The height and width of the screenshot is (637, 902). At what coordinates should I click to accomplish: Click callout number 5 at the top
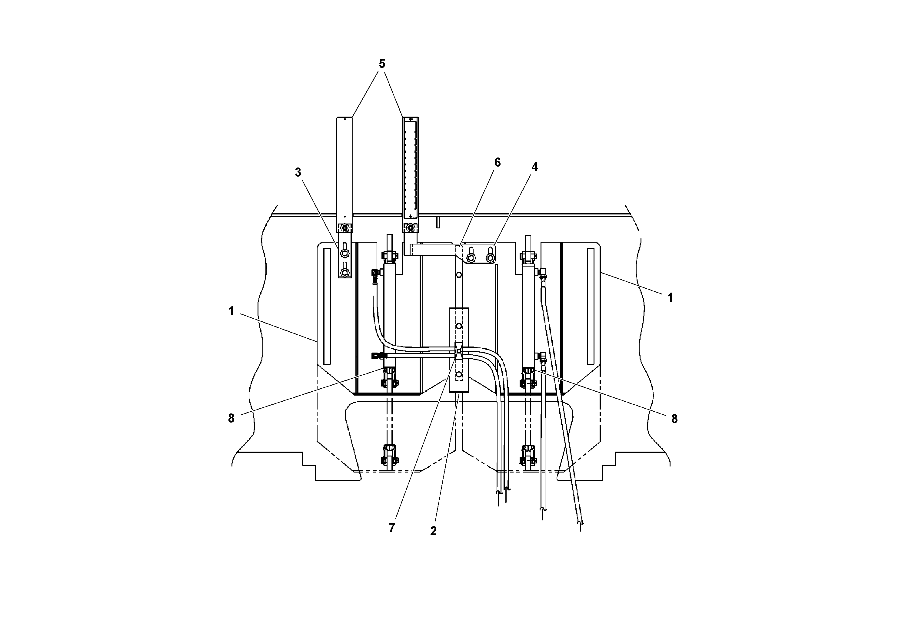[x=382, y=64]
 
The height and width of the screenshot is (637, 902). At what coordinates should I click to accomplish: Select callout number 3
[x=298, y=172]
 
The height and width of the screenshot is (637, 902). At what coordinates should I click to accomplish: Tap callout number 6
[x=497, y=163]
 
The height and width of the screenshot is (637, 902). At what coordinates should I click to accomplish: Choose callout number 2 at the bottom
[x=433, y=531]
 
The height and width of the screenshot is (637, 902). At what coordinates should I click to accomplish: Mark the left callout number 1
[x=231, y=311]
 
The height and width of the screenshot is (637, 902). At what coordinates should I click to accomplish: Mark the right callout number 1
[x=670, y=298]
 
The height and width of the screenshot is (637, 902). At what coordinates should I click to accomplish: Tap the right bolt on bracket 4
[x=490, y=257]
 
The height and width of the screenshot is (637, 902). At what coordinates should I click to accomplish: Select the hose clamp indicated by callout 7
[x=458, y=351]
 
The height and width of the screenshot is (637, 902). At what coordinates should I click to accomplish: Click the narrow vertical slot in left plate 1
[x=327, y=306]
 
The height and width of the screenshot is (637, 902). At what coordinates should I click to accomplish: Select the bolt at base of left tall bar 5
[x=344, y=228]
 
